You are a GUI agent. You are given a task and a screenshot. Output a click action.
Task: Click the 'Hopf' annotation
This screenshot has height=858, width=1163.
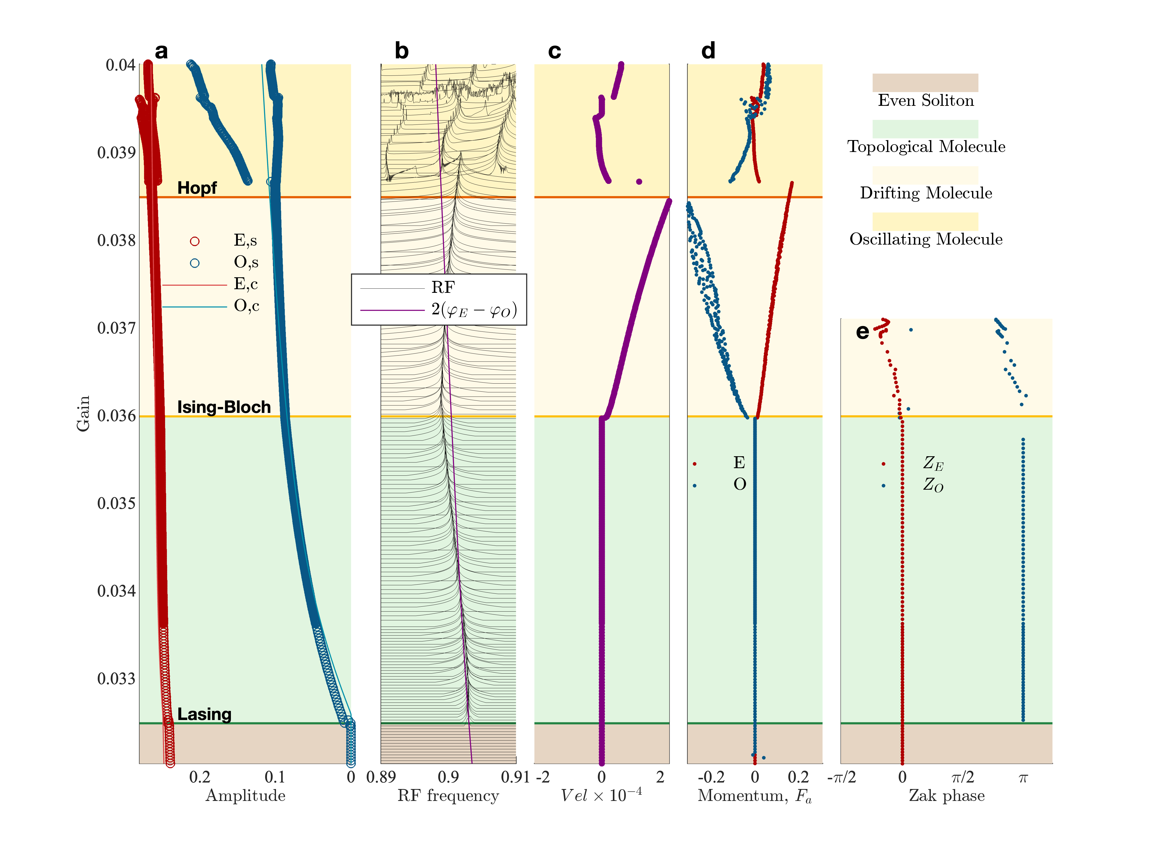pyautogui.click(x=197, y=188)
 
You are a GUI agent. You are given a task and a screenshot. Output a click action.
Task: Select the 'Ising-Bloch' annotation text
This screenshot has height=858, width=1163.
pyautogui.click(x=224, y=407)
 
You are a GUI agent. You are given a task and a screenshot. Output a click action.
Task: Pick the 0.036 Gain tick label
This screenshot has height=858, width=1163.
pyautogui.click(x=116, y=416)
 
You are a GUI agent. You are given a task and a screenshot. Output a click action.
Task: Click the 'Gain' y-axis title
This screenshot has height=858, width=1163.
pyautogui.click(x=83, y=413)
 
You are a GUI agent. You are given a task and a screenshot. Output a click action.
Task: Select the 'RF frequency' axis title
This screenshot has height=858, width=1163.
pyautogui.click(x=448, y=796)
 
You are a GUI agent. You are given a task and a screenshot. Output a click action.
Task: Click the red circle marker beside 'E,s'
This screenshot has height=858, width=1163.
pyautogui.click(x=195, y=241)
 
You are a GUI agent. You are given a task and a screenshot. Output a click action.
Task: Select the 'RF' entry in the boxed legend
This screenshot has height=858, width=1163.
pyautogui.click(x=443, y=287)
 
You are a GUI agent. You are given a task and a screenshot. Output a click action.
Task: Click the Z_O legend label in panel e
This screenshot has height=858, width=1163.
pyautogui.click(x=933, y=485)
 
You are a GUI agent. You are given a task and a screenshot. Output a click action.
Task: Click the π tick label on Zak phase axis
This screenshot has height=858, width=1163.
pyautogui.click(x=1023, y=778)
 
